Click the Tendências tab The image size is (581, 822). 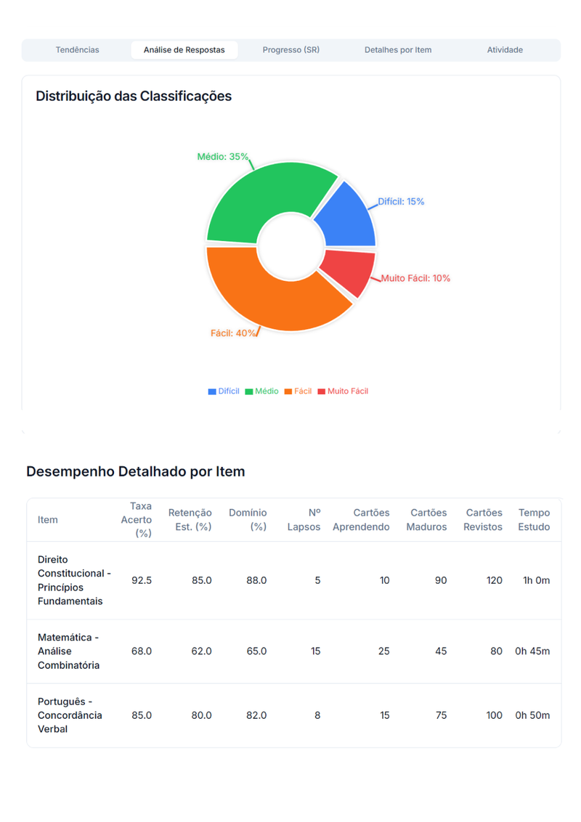click(77, 50)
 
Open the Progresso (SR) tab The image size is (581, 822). click(290, 50)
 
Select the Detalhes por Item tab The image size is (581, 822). click(397, 50)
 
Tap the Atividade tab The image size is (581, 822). click(505, 50)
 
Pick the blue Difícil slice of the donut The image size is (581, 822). click(346, 216)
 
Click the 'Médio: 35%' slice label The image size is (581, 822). click(223, 157)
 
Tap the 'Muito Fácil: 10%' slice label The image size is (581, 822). click(415, 278)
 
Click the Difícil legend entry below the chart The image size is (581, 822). click(224, 391)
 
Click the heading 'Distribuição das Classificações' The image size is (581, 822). click(134, 96)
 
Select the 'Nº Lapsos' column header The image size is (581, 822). click(304, 520)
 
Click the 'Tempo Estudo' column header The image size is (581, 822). click(534, 520)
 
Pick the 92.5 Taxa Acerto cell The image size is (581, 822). click(142, 580)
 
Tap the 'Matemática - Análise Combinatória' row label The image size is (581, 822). click(69, 651)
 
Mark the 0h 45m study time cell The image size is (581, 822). click(532, 651)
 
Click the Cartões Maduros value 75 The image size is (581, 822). click(441, 715)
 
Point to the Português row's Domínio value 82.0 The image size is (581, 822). click(256, 715)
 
